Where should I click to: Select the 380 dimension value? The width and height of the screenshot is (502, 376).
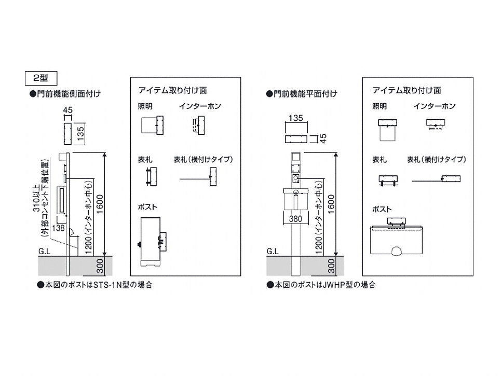[x=295, y=219]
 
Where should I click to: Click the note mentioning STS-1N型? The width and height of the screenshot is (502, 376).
[x=94, y=285]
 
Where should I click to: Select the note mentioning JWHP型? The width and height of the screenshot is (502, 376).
[x=321, y=285]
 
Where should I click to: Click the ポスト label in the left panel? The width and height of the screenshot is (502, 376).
[x=147, y=206]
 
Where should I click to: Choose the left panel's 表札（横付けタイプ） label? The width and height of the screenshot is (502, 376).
[x=202, y=159]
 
